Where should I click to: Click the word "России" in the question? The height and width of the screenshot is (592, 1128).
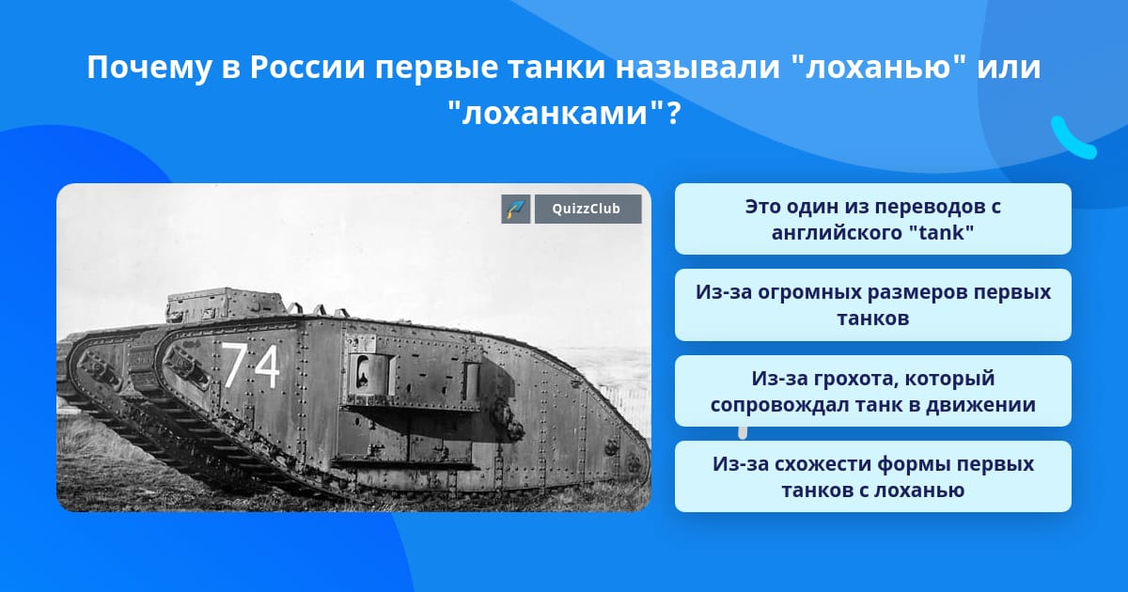(x=307, y=67)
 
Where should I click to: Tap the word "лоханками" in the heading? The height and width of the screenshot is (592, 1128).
(x=555, y=113)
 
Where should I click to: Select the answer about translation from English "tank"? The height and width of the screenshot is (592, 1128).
(x=872, y=219)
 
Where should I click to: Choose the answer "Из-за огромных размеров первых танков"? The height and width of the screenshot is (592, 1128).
(x=872, y=304)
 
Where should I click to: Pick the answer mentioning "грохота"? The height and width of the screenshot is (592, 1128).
(x=872, y=391)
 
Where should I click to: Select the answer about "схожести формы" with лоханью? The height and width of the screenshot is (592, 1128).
(x=872, y=476)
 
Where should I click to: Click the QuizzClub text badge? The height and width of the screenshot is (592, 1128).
(x=587, y=209)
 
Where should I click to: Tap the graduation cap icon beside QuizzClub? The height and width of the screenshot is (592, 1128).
(x=516, y=209)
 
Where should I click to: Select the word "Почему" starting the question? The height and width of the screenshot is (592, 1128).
(x=149, y=67)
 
